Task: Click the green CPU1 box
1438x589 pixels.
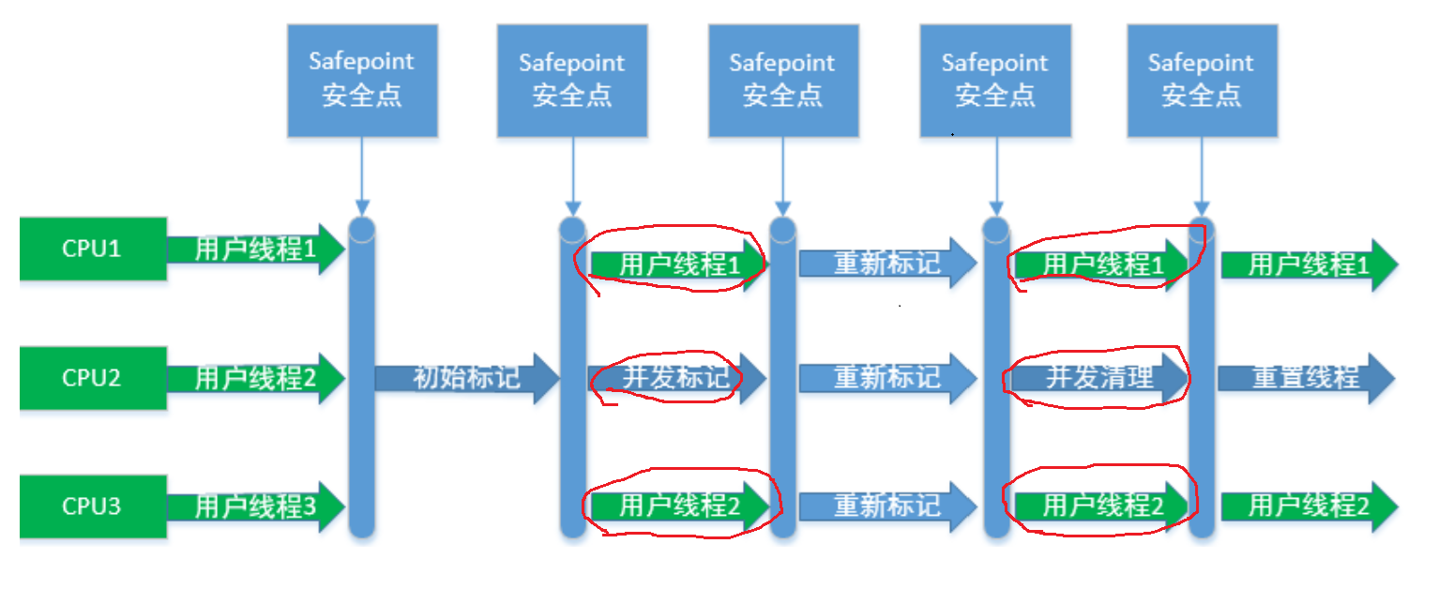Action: pos(93,249)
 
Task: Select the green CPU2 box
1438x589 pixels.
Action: pos(93,377)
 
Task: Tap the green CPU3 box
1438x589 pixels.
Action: pos(93,506)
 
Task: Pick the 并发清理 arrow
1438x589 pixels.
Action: pos(1098,378)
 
